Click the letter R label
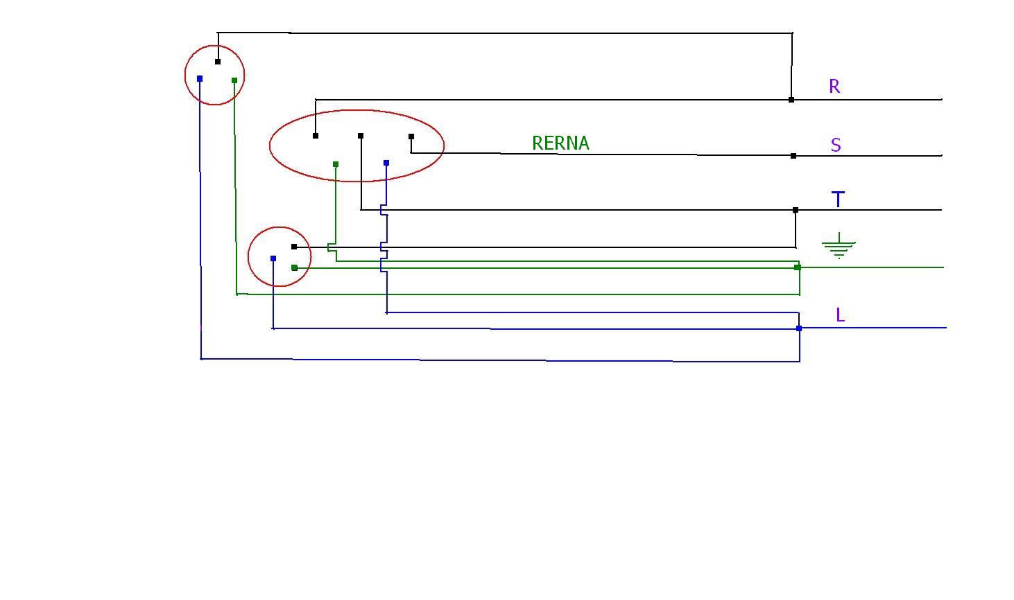tap(834, 87)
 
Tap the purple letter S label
tap(836, 145)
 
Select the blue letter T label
tap(838, 200)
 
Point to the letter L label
tap(840, 315)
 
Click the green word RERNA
tap(560, 143)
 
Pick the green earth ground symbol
tap(839, 245)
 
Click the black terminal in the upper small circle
tap(218, 62)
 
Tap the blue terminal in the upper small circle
tap(200, 79)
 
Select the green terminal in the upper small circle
tap(234, 80)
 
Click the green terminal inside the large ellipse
tap(336, 164)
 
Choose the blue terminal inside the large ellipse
tap(386, 163)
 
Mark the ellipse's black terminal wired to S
tap(411, 136)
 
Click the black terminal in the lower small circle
tap(294, 247)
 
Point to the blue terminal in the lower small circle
tap(273, 258)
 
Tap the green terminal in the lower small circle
tap(294, 267)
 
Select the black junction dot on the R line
tap(791, 100)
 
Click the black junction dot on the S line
tap(793, 156)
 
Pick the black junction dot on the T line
tap(796, 210)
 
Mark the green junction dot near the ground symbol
tap(798, 267)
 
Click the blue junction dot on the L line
tap(799, 328)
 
